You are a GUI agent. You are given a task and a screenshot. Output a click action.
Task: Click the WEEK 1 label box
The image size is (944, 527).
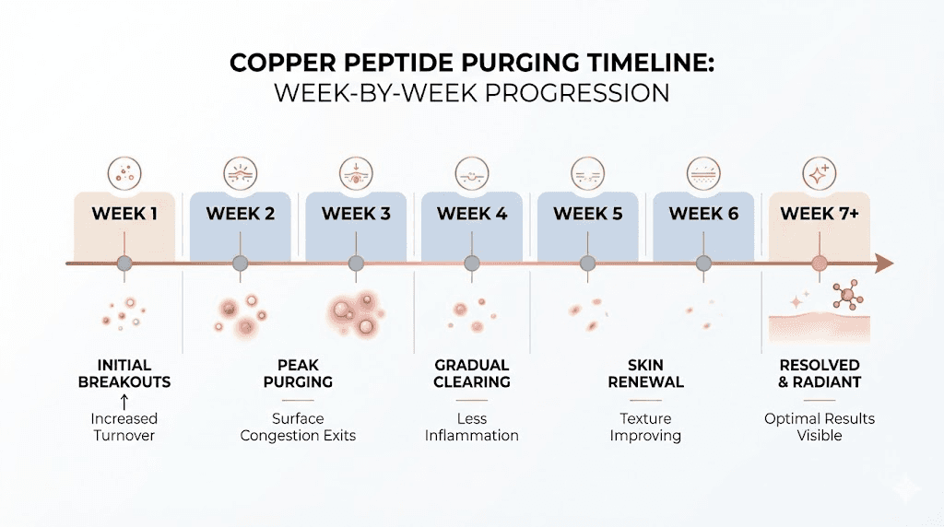124,215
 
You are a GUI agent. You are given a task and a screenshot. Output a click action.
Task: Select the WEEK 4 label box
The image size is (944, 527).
472,215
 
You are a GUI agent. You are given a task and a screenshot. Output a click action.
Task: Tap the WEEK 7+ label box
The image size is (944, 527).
820,215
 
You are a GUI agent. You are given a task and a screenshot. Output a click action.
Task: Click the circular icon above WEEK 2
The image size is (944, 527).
241,172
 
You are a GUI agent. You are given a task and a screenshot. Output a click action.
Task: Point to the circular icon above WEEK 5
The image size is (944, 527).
588,172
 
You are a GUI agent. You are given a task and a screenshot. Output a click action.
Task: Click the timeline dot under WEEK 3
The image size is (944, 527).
356,264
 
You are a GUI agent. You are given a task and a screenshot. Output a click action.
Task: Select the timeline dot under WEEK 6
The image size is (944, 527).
703,264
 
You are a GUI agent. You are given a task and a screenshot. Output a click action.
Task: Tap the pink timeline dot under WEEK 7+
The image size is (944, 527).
820,264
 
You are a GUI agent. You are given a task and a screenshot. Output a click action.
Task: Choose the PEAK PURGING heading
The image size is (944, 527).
298,373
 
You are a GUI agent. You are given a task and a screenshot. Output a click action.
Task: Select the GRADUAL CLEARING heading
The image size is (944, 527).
472,373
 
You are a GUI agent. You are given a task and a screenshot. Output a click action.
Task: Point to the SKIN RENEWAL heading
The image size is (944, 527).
645,373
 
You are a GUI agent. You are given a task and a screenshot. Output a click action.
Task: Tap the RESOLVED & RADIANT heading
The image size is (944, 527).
820,373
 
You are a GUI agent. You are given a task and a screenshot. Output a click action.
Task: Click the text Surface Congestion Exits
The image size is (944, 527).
298,427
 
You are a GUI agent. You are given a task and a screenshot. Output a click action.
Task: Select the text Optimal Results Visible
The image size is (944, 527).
820,427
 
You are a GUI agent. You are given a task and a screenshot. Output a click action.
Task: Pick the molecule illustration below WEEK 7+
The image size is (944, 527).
844,295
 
